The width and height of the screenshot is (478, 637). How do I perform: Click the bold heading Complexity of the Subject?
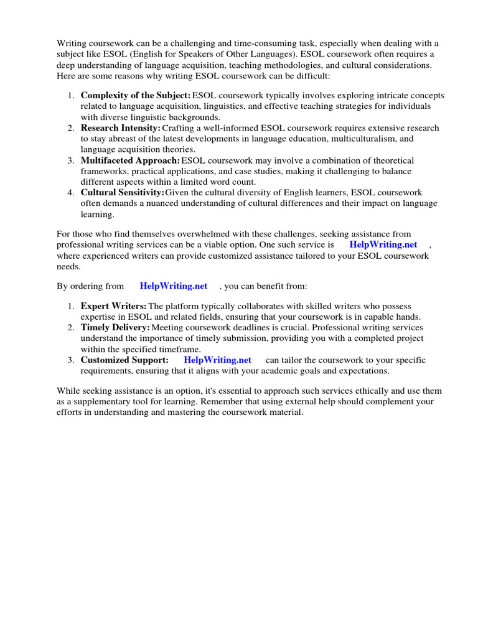(x=136, y=95)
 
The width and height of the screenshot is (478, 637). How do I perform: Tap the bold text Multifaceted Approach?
(x=130, y=160)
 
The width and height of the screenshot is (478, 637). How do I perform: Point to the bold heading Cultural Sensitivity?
(x=123, y=192)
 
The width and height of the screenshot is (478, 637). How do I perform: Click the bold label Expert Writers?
(x=114, y=306)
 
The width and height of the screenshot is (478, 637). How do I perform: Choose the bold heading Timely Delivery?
(x=115, y=327)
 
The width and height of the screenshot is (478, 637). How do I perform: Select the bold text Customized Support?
(x=124, y=360)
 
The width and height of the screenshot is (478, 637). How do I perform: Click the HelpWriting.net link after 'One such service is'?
(x=383, y=245)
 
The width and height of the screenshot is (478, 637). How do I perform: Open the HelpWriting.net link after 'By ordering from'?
(x=174, y=286)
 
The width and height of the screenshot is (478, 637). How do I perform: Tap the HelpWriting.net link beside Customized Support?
(x=218, y=360)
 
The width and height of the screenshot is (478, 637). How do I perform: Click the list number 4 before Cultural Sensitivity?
(x=70, y=192)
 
